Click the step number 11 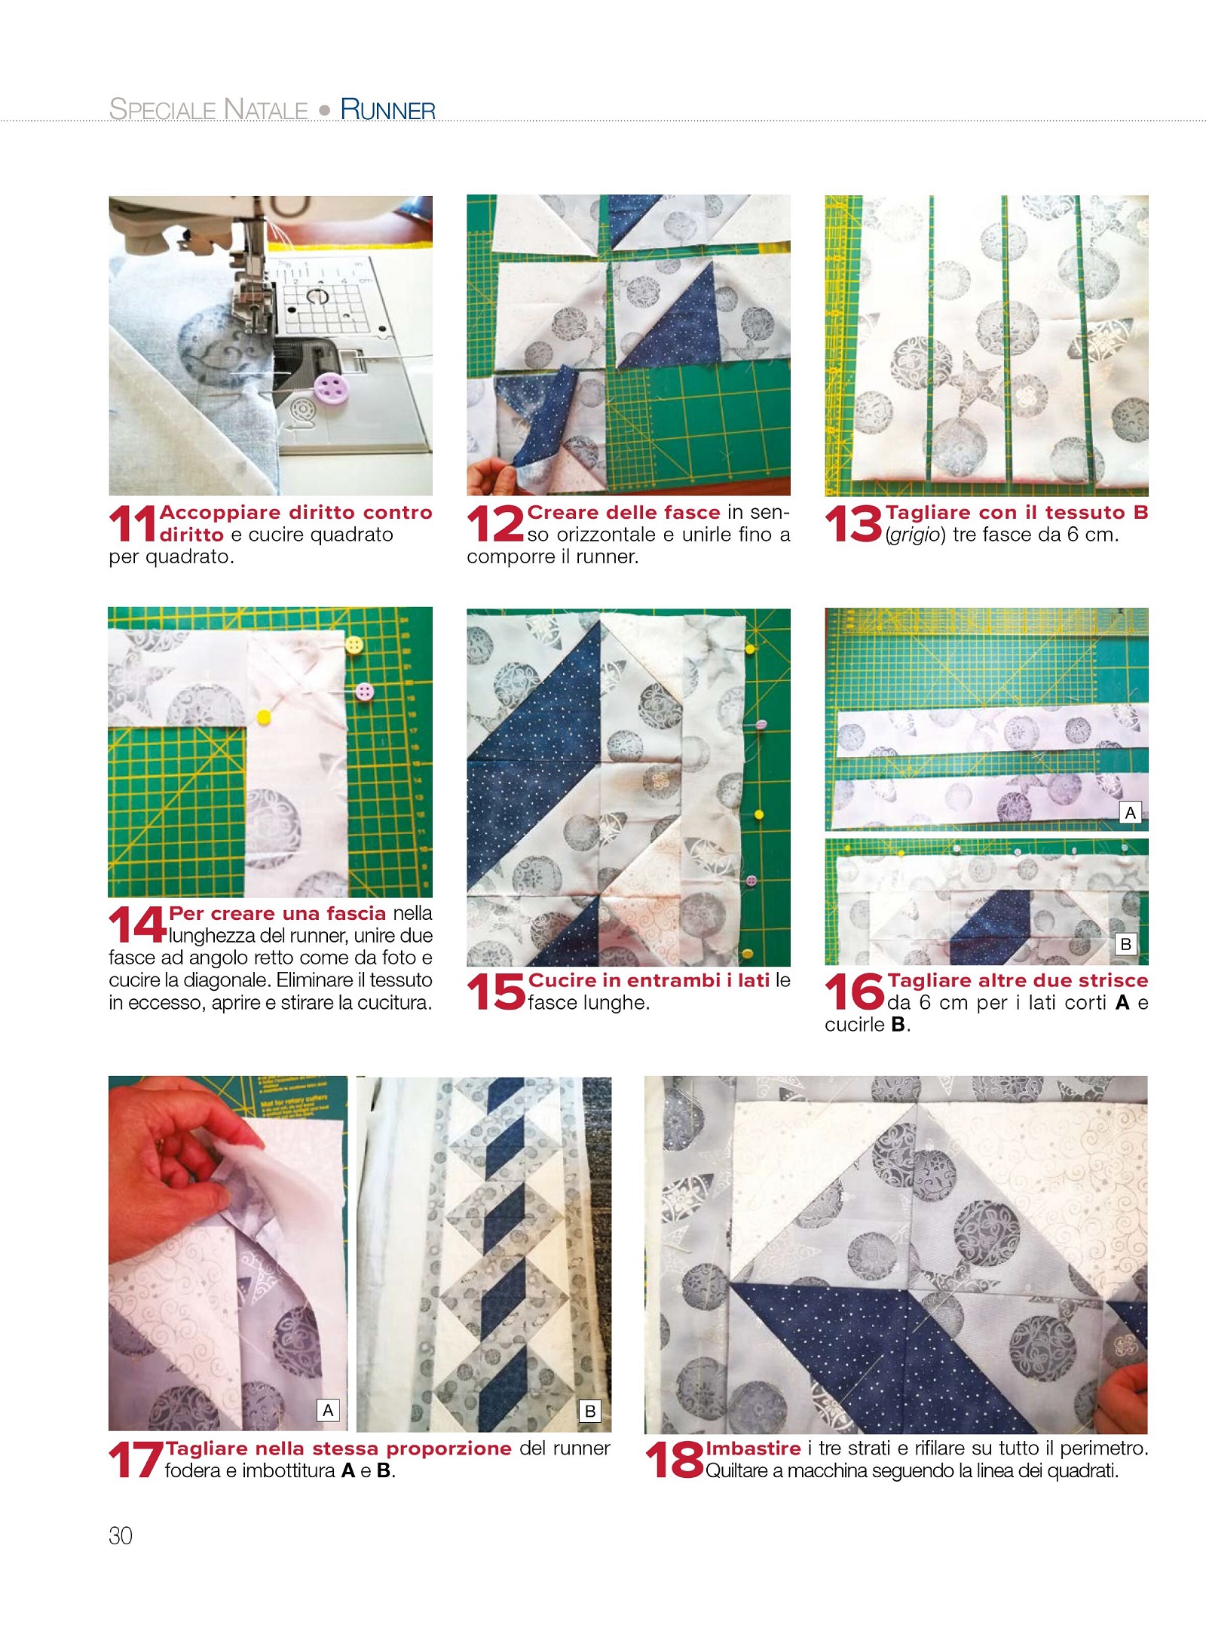coord(133,523)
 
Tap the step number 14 coord(137,924)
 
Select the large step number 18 coord(675,1460)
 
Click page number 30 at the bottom coord(121,1536)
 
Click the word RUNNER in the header coord(387,109)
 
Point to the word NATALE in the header coord(266,109)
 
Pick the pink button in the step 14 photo coord(364,691)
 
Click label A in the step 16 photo coord(1130,813)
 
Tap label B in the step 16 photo coord(1125,944)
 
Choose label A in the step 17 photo coord(328,1410)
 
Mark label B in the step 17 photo coord(590,1411)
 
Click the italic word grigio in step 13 coord(916,535)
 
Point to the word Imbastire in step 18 coord(753,1448)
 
